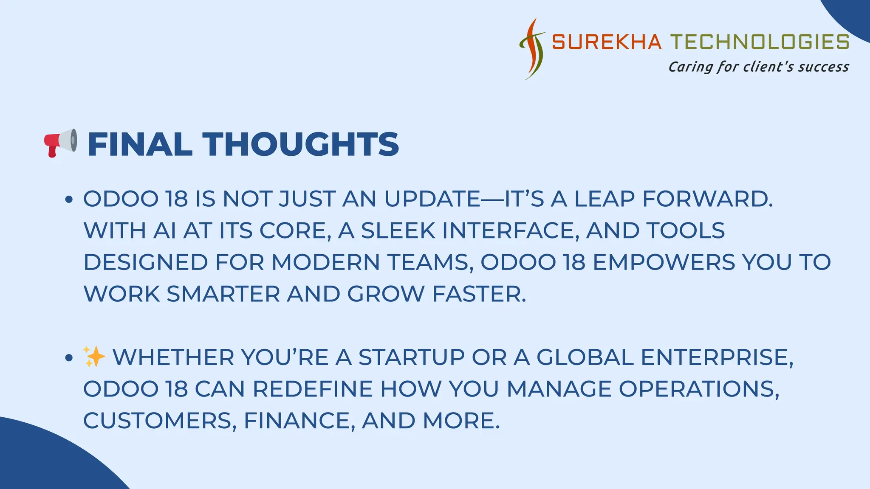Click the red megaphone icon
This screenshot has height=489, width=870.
coord(60,143)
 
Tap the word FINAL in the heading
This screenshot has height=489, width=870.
coord(140,144)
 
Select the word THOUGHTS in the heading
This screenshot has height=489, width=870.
coord(300,144)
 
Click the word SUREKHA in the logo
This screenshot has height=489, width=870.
coord(607,42)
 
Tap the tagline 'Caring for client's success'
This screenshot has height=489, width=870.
coord(758,67)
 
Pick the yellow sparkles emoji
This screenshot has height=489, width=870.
coord(94,357)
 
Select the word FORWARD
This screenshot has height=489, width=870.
coord(707,199)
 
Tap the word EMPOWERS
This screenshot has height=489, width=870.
coord(664,262)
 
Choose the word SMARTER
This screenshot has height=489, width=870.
coord(223,294)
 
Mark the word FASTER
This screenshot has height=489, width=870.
coord(479,294)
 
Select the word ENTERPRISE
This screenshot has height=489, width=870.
coord(717,357)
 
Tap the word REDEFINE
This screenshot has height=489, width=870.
coord(313,389)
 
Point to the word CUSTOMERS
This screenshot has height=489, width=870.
coord(160,420)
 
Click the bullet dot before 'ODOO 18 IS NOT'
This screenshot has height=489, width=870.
coord(69,199)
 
